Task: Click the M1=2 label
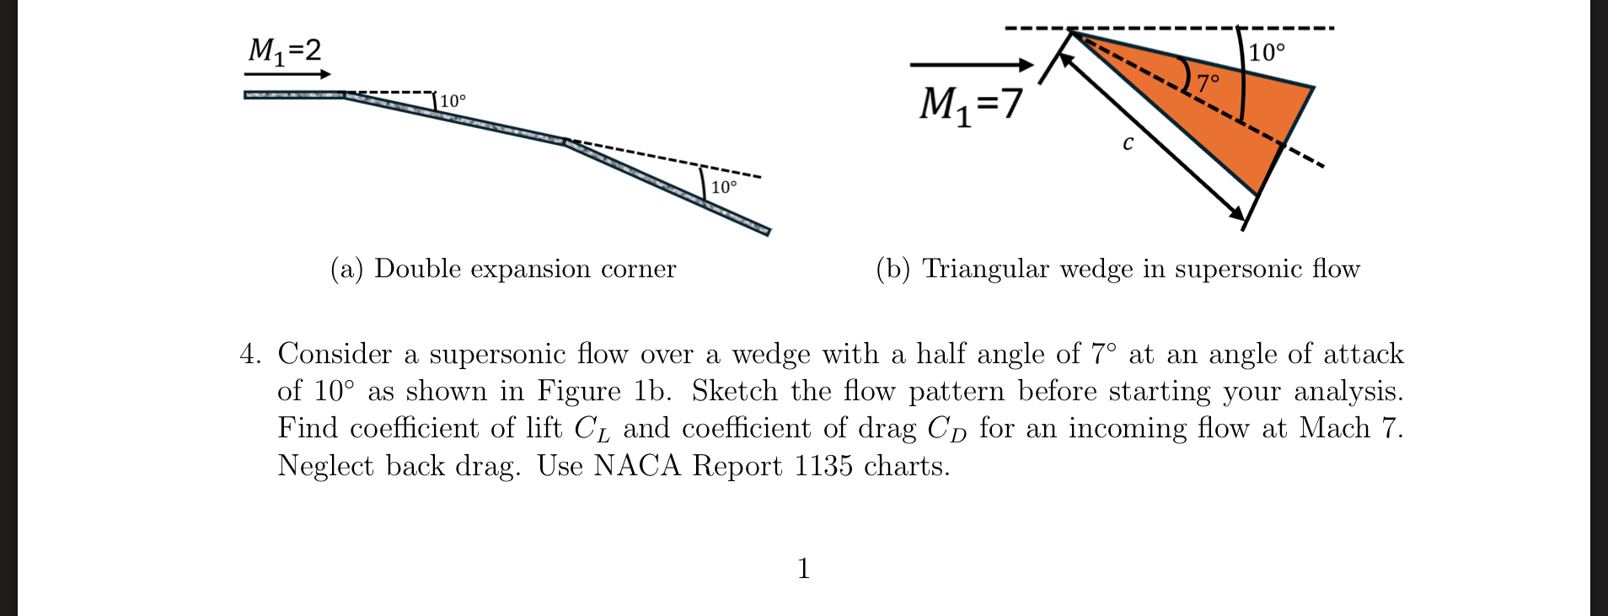tap(284, 51)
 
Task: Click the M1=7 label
tap(970, 105)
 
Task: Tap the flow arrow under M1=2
tap(287, 74)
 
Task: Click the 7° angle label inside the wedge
tap(1209, 83)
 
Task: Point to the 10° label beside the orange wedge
tap(1267, 53)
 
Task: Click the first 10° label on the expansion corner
tap(453, 101)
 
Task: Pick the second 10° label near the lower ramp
tap(724, 187)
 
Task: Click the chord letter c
tap(1128, 143)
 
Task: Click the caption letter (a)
tap(346, 269)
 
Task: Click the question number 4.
tap(249, 354)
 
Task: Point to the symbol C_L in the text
tap(592, 429)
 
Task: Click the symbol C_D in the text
tap(946, 429)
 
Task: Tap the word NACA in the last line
tap(636, 466)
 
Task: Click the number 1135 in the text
tap(823, 466)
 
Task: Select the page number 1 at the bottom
tap(803, 569)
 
